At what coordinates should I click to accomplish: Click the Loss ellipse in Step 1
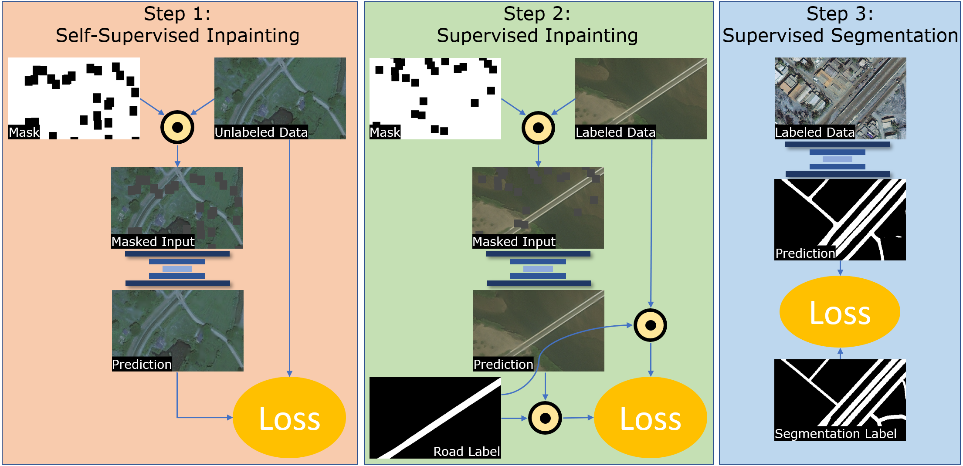pos(289,417)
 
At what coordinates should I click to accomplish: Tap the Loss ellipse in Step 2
pos(650,417)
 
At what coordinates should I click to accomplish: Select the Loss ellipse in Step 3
pos(840,312)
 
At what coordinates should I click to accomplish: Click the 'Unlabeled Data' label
pos(261,132)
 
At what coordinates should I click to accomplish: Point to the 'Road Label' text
pos(466,452)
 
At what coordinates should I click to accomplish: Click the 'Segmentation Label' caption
pos(835,434)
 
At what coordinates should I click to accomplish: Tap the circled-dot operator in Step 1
pos(177,127)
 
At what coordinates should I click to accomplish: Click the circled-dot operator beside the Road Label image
pos(545,418)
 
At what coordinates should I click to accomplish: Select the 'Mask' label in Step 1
pos(24,132)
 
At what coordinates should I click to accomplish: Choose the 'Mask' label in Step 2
pos(385,132)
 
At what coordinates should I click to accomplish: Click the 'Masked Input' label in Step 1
pos(153,242)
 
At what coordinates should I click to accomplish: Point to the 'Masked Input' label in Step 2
pos(514,242)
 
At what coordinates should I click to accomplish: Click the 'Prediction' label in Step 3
pos(805,253)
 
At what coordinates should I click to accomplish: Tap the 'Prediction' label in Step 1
pos(142,365)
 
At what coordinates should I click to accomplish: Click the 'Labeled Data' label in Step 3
pos(814,132)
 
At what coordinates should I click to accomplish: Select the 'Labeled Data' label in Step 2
pos(615,132)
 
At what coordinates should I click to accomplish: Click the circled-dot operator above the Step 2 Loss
pos(650,325)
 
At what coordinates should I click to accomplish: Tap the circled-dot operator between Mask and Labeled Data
pos(538,128)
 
